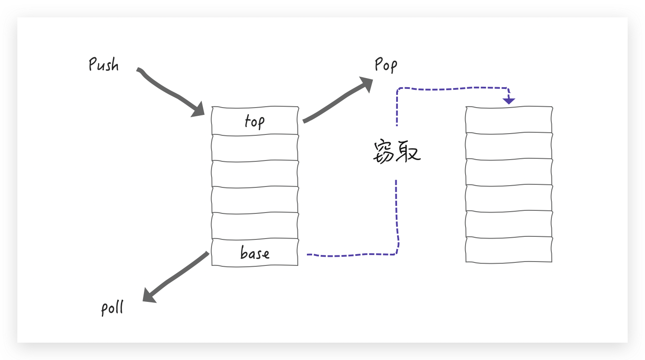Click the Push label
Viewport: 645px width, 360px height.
pyautogui.click(x=104, y=65)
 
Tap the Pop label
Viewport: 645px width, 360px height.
pyautogui.click(x=385, y=65)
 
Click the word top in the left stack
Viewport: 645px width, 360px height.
pyautogui.click(x=254, y=121)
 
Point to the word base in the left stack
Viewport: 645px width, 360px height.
pyautogui.click(x=255, y=253)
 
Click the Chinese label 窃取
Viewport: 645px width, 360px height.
pyautogui.click(x=397, y=151)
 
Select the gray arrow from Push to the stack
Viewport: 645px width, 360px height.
pyautogui.click(x=169, y=91)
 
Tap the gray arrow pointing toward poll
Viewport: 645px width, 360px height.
pyautogui.click(x=178, y=276)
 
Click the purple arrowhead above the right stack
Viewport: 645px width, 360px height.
pyautogui.click(x=508, y=101)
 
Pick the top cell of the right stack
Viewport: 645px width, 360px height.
pyautogui.click(x=509, y=120)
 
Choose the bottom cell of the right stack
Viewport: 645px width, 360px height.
pyautogui.click(x=509, y=250)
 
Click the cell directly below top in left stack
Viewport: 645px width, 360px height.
pyautogui.click(x=255, y=148)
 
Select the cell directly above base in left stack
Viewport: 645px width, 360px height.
pyautogui.click(x=255, y=226)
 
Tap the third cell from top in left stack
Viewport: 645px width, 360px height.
pyautogui.click(x=255, y=174)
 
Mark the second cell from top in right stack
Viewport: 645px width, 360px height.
pyautogui.click(x=509, y=146)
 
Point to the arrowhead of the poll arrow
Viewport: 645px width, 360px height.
pyautogui.click(x=149, y=296)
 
